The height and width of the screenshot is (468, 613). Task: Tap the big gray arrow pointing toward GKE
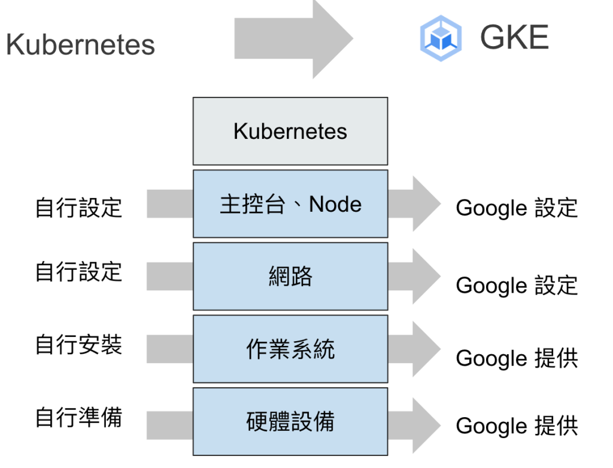click(293, 39)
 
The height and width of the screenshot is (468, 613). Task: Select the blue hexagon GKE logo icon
click(441, 38)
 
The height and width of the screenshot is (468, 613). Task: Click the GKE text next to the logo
click(514, 38)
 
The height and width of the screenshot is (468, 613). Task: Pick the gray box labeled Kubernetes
click(290, 131)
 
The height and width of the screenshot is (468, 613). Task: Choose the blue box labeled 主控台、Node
click(290, 204)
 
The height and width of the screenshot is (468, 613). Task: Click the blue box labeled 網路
click(290, 276)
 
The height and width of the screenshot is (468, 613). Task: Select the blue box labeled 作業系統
click(290, 349)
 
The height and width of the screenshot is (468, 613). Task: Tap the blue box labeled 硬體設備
click(290, 421)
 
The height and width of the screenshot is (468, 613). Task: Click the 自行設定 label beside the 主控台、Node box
click(78, 208)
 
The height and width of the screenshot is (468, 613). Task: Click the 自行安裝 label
click(78, 345)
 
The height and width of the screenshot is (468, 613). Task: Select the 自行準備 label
click(78, 417)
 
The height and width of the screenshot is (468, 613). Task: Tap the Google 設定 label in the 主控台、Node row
click(517, 208)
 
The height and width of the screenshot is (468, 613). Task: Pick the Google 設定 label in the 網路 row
click(517, 285)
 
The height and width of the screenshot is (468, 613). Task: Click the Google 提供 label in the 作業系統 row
click(517, 358)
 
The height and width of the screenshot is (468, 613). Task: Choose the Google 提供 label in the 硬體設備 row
click(517, 426)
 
